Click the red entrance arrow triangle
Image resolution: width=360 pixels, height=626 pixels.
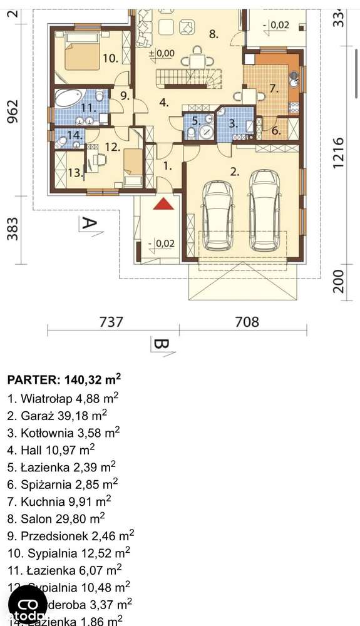[x=164, y=205]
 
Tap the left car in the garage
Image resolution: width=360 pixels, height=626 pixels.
[x=219, y=216]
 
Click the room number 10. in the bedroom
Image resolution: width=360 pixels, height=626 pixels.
[x=110, y=59]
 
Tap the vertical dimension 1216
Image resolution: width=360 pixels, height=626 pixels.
[x=339, y=153]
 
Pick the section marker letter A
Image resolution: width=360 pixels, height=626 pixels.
[x=88, y=223]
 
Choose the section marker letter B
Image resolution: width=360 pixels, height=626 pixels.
[x=161, y=345]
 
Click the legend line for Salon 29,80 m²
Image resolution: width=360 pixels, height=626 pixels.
[x=56, y=518]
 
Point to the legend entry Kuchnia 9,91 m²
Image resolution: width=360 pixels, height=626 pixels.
[x=59, y=500]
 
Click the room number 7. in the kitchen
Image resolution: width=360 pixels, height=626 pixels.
[x=274, y=89]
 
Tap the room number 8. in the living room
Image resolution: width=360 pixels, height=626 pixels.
[x=213, y=34]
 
